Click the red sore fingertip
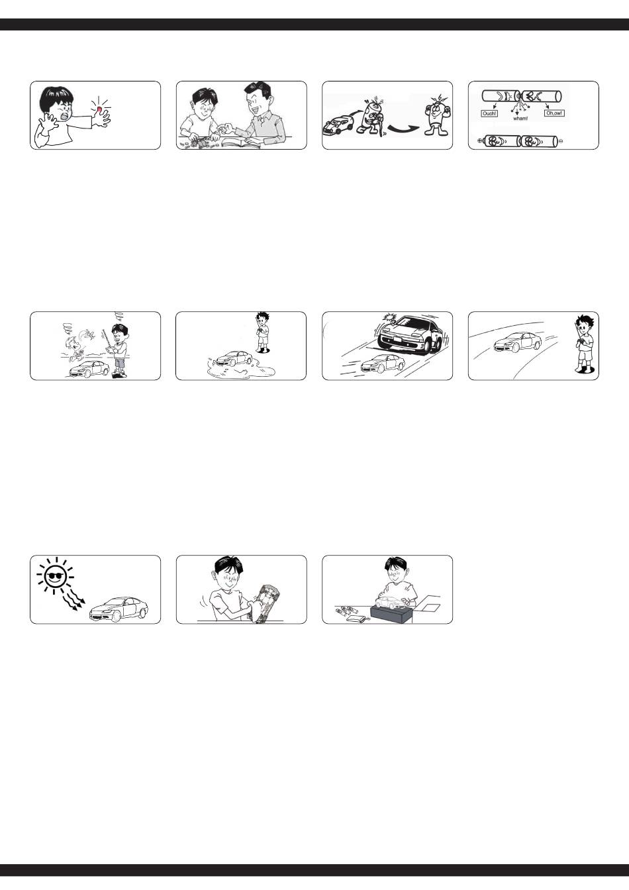99,109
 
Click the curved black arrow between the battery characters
403,128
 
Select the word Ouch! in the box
489,114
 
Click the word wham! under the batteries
520,119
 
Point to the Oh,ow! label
554,113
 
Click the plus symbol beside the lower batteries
480,140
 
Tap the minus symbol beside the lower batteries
560,140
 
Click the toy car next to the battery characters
338,125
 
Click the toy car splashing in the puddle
234,358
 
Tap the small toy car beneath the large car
382,364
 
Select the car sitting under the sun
119,609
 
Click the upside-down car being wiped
265,603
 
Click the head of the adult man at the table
258,98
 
